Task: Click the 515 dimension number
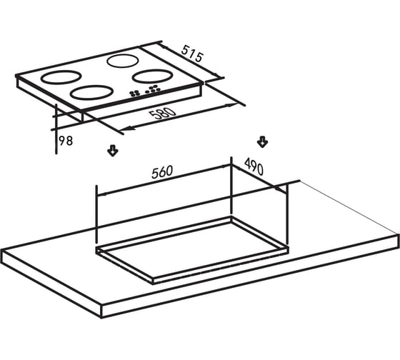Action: coord(193,54)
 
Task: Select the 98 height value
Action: coord(66,141)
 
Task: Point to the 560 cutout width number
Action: coord(162,171)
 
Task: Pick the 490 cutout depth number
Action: coord(254,166)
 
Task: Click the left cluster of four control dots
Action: coord(134,94)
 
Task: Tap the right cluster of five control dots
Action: coord(153,89)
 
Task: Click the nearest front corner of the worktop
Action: coord(101,318)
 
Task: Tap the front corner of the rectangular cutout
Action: coord(153,284)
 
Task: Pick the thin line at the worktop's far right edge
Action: coord(349,207)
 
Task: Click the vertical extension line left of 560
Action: coord(96,214)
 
